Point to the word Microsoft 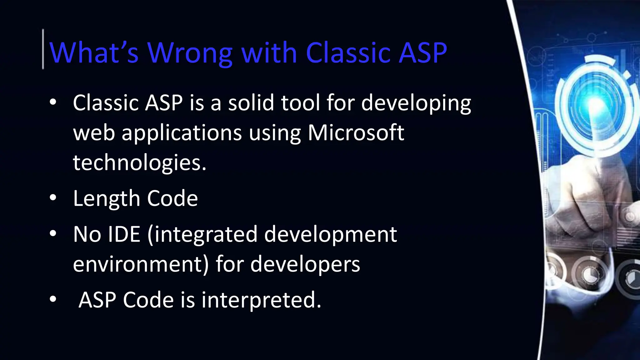click(x=356, y=132)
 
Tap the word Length click(x=106, y=198)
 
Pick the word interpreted click(x=261, y=300)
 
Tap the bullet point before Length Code click(x=53, y=198)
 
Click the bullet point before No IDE click(x=53, y=233)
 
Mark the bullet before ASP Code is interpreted click(x=53, y=299)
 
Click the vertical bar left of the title click(x=43, y=49)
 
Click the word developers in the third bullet click(x=305, y=264)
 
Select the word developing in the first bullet click(x=416, y=103)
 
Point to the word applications click(x=182, y=132)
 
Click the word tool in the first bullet click(x=300, y=103)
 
